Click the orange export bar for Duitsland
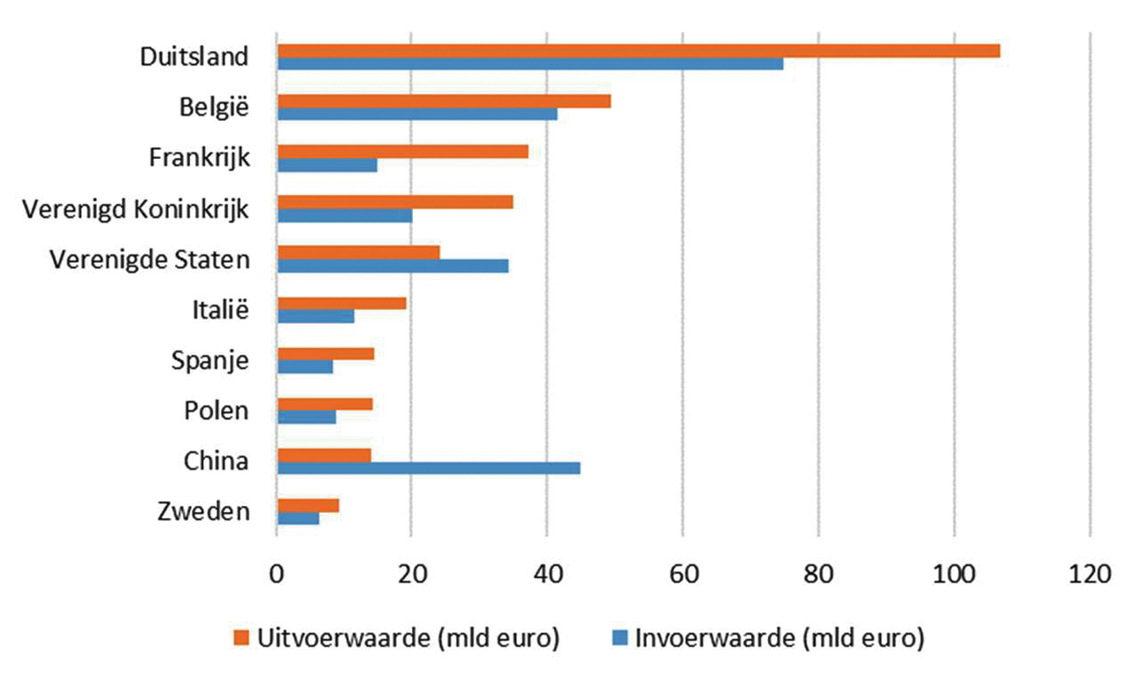point(638,51)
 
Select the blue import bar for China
point(429,467)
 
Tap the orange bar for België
point(444,102)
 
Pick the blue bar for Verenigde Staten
point(392,266)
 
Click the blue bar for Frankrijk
point(327,165)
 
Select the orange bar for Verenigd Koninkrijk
point(395,202)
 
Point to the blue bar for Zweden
point(298,518)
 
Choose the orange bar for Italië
point(341,303)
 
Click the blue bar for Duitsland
point(530,64)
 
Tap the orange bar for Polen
point(324,404)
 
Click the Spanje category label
point(209,360)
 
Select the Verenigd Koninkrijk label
point(135,209)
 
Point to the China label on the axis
point(216,461)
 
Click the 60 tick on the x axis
point(682,574)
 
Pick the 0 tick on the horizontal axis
point(277,574)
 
